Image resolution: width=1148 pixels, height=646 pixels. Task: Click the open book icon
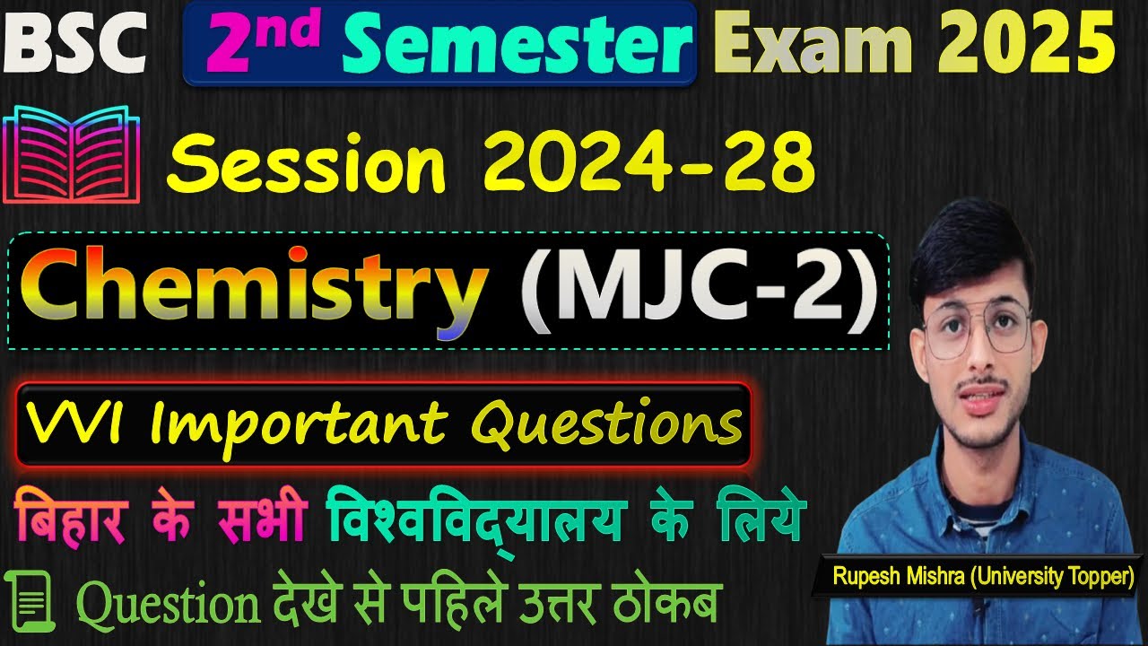tap(73, 154)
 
